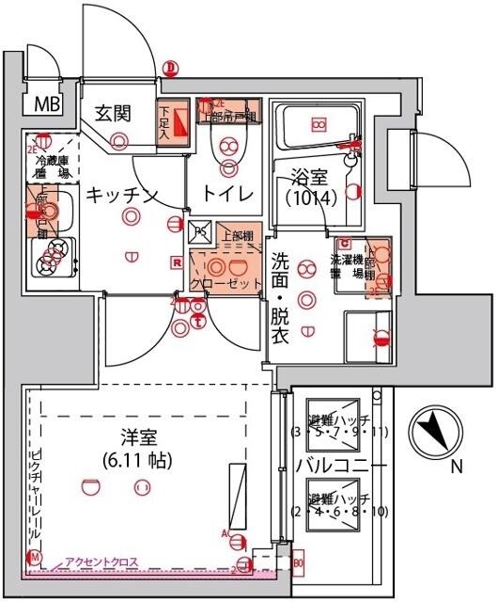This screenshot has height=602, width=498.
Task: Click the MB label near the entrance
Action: pos(44,103)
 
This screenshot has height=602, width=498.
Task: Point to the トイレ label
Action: pos(229,194)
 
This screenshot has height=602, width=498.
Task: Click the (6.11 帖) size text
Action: pos(141,461)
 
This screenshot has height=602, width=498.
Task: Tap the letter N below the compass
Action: pos(456,467)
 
